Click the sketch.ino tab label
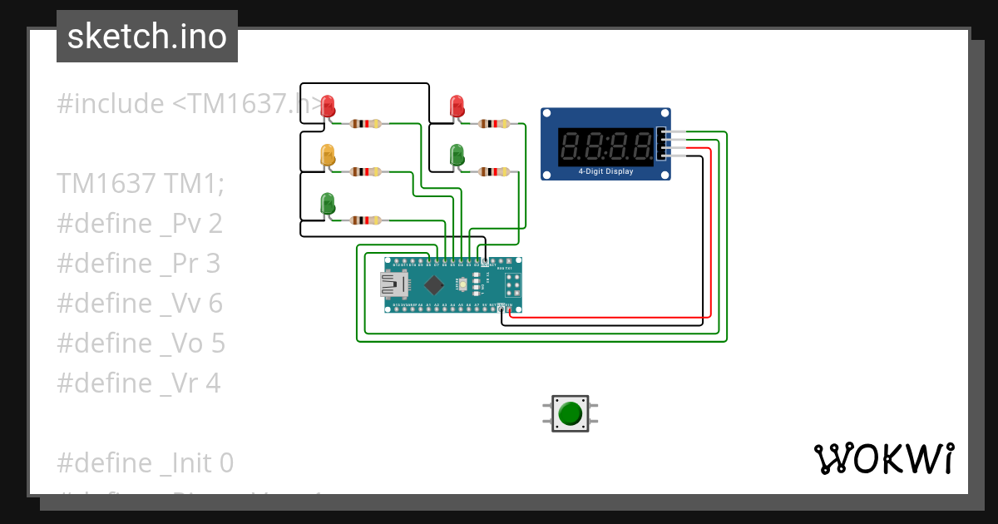[147, 37]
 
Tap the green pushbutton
[570, 413]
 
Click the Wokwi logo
[883, 458]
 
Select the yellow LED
[328, 155]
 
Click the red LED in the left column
[328, 106]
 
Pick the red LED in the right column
[457, 106]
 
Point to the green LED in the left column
[328, 203]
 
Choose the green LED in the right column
[457, 155]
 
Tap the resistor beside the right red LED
[494, 124]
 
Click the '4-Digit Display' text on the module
[605, 172]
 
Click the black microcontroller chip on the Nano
[433, 284]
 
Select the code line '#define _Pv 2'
[140, 224]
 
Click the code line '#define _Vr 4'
[140, 383]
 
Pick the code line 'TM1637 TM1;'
[140, 183]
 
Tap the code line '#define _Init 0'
[146, 462]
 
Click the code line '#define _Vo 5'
[141, 344]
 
